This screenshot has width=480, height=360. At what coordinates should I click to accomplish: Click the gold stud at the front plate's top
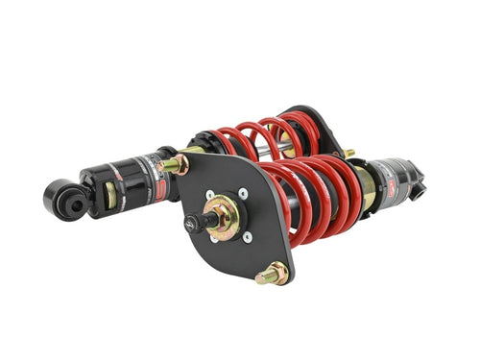[x=176, y=165]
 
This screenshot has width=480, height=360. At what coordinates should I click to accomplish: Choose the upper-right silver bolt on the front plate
[x=243, y=194]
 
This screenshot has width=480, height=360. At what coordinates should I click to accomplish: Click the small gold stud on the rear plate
[x=349, y=153]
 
